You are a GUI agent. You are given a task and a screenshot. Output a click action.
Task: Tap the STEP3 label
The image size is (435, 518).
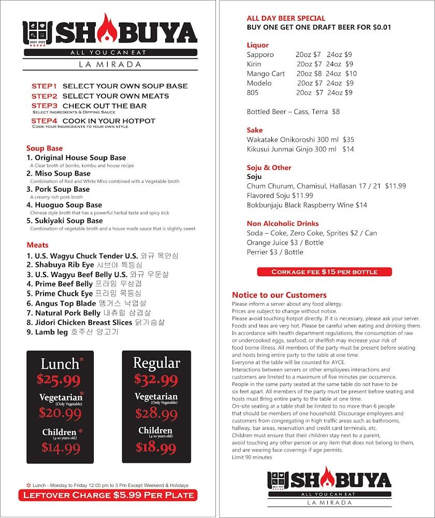click(x=44, y=106)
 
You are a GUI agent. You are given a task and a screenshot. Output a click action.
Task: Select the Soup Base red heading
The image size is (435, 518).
click(x=45, y=148)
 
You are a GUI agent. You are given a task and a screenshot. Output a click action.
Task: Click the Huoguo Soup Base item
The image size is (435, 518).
click(x=64, y=205)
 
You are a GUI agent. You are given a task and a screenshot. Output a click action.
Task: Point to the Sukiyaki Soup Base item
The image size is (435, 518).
click(x=65, y=221)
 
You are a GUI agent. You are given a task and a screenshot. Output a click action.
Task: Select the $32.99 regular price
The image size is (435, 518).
click(x=156, y=380)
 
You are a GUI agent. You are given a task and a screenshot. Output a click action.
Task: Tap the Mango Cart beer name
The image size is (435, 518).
click(x=266, y=74)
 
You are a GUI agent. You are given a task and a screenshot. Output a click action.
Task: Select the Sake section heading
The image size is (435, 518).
click(x=255, y=130)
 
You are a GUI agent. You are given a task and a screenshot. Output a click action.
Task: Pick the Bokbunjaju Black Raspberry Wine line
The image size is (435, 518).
click(x=307, y=205)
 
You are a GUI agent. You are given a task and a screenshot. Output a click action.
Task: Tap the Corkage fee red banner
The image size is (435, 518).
click(x=325, y=271)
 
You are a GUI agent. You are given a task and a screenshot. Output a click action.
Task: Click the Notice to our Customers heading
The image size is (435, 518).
click(x=279, y=295)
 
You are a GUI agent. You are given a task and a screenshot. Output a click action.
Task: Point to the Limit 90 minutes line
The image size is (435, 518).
click(x=252, y=457)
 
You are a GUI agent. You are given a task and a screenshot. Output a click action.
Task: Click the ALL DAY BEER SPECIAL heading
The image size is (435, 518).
click(x=286, y=18)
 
